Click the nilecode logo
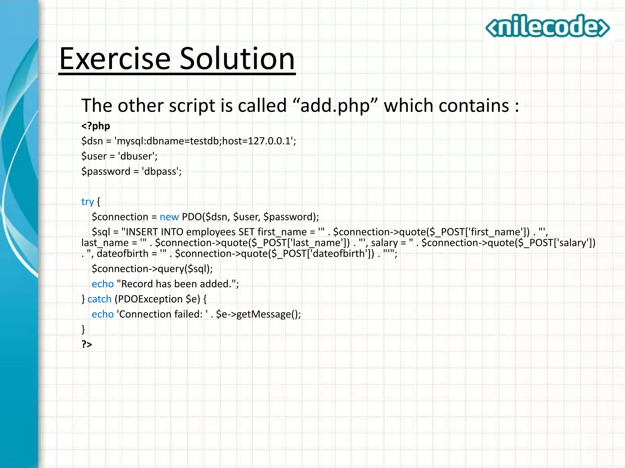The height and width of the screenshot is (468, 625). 547,26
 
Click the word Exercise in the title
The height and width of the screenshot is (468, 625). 115,58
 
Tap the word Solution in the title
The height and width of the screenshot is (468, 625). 237,58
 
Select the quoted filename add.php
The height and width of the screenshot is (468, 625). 335,106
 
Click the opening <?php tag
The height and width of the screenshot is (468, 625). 96,126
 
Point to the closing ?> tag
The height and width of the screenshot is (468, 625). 87,344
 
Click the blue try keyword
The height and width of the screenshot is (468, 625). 87,202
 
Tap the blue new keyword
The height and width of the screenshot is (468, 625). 169,217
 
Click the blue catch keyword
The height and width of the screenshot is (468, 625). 99,299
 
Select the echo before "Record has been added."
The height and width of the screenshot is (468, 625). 103,284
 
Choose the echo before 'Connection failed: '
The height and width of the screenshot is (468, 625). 103,314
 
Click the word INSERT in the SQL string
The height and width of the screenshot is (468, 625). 142,232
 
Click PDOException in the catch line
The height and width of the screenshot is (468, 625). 150,299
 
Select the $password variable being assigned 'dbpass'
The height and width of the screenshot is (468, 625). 106,172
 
